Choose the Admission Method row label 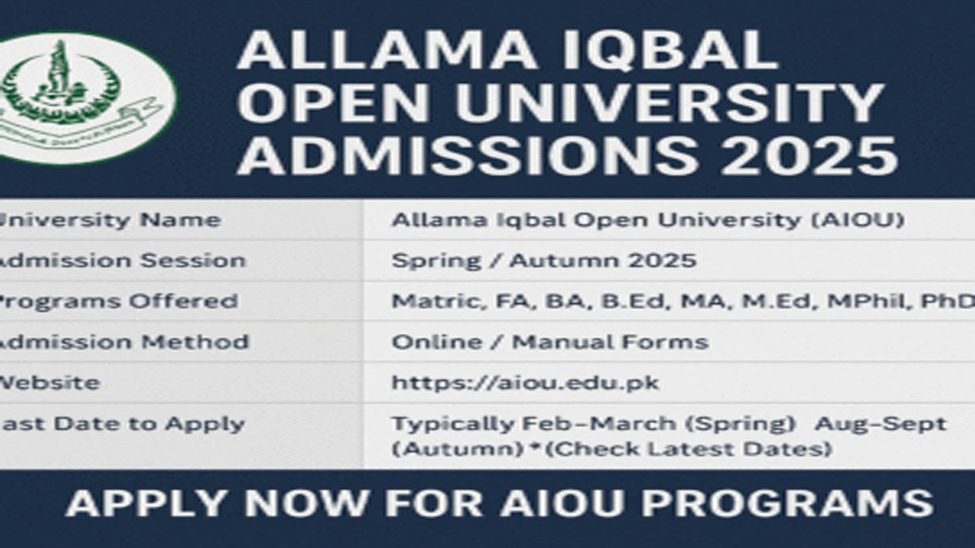(122, 342)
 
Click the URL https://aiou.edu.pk (525, 382)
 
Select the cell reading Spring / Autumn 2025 (544, 260)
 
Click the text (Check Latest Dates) (689, 449)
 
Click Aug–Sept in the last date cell (880, 424)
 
